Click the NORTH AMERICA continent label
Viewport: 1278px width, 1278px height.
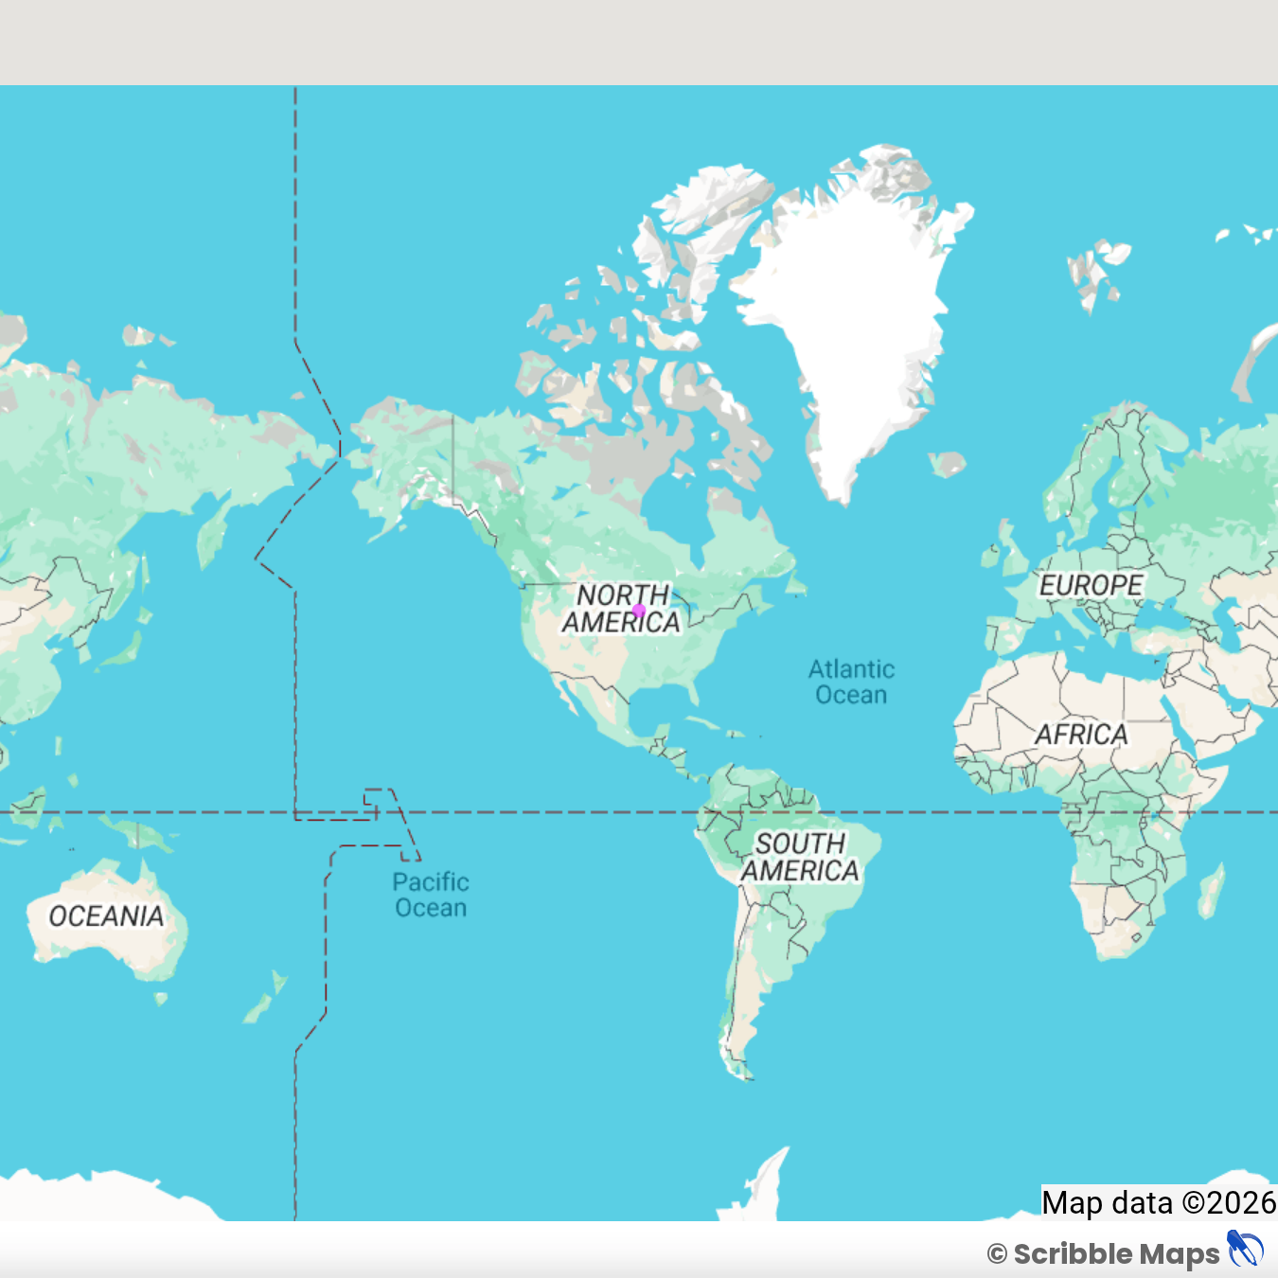click(x=621, y=609)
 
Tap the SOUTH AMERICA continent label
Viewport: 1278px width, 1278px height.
click(x=800, y=857)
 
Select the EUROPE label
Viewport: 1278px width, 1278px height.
click(x=1091, y=585)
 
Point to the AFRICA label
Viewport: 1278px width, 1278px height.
click(x=1081, y=734)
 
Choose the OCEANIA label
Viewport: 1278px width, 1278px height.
click(x=106, y=915)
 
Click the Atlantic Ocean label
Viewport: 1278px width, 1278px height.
click(x=851, y=682)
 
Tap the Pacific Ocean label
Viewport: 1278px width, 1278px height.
click(x=431, y=895)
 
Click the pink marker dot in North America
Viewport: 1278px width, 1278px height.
click(x=639, y=611)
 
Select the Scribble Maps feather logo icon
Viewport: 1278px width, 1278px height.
click(x=1245, y=1250)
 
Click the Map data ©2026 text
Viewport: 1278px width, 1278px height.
click(x=1159, y=1202)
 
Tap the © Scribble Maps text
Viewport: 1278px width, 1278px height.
click(x=1104, y=1254)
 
